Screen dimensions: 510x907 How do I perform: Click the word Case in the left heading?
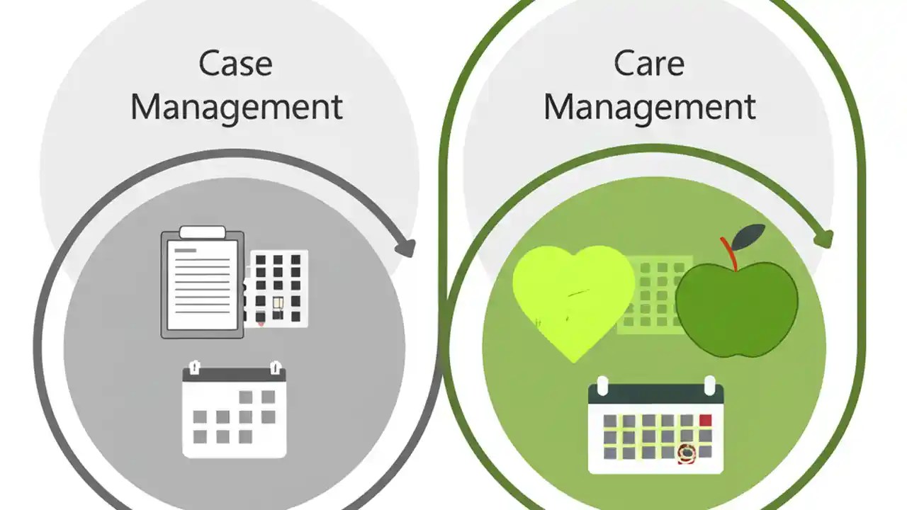[236, 64]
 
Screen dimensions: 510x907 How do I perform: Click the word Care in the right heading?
[649, 64]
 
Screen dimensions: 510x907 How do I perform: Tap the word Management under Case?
[237, 107]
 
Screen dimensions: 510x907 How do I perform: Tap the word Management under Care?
[649, 107]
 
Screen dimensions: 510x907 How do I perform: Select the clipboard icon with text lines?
[202, 283]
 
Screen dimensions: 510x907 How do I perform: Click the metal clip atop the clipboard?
[203, 232]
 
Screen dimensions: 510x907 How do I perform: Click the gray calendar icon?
[235, 411]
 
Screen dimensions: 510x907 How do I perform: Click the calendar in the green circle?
[655, 429]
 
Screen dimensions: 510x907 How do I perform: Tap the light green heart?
[573, 297]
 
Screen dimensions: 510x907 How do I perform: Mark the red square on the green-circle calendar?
[705, 420]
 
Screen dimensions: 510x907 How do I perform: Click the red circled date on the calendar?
[686, 453]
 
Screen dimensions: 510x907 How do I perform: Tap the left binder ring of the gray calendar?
[194, 368]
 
